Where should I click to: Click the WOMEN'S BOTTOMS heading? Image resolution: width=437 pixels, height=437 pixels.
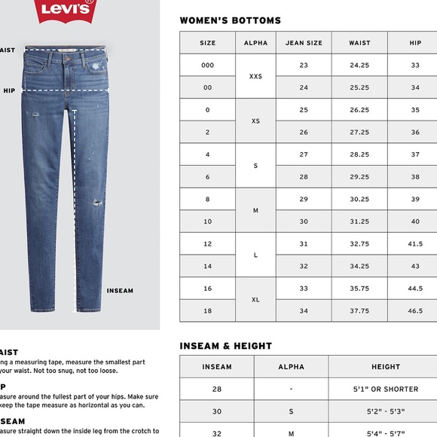[230, 20]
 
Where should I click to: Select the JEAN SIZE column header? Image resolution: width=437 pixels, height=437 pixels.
[304, 43]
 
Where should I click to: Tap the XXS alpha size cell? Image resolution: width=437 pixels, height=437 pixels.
[255, 76]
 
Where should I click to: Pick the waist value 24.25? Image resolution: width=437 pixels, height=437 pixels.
[359, 66]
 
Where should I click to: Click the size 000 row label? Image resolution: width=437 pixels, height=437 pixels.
[207, 66]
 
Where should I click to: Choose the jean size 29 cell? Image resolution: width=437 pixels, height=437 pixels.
[304, 199]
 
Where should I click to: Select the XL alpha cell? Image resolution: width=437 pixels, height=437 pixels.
[255, 299]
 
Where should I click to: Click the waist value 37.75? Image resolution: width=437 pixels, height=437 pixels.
[359, 310]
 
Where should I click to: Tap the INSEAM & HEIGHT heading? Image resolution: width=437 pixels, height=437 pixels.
[225, 347]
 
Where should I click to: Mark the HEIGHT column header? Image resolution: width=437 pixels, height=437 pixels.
[385, 367]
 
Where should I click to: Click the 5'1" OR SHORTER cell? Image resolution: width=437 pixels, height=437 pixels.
[385, 390]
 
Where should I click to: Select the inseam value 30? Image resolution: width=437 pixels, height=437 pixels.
[217, 411]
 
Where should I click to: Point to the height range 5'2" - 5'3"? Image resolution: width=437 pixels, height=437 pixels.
[385, 411]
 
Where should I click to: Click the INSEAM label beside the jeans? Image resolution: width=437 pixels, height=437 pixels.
[120, 291]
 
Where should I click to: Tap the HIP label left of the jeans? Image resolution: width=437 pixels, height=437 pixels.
[9, 90]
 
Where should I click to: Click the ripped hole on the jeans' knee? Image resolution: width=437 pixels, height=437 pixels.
[96, 203]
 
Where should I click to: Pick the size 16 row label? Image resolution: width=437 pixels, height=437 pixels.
[207, 289]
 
